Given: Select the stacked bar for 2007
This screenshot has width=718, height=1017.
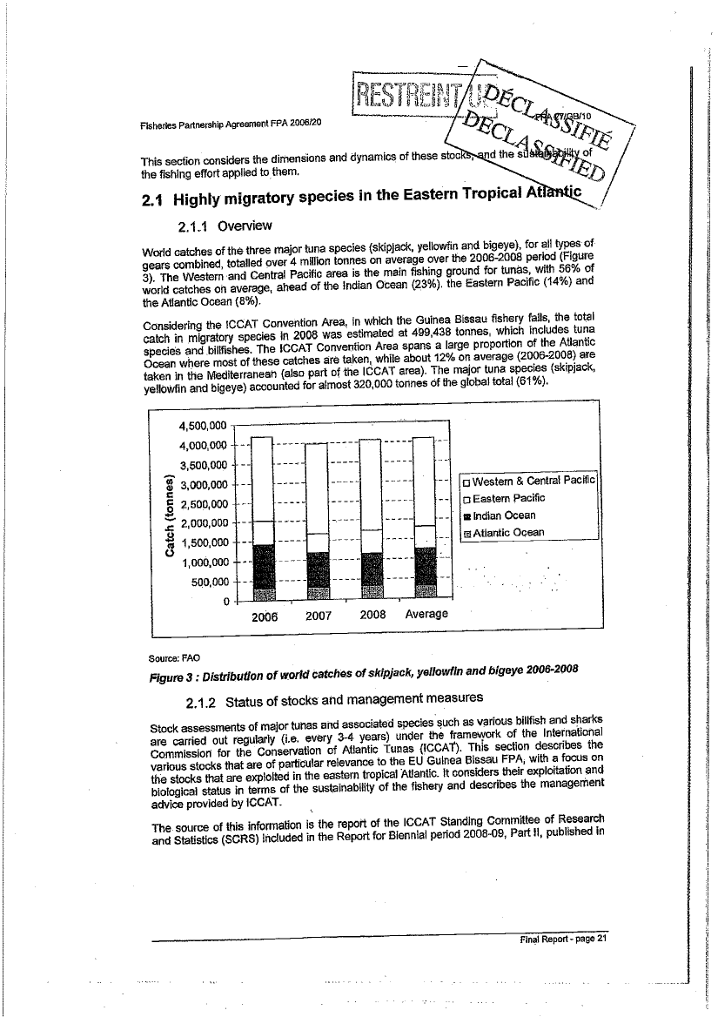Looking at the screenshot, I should point(318,522).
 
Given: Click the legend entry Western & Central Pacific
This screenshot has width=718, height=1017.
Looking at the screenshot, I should point(527,481).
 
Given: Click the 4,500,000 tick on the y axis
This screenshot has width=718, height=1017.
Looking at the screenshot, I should point(202,426).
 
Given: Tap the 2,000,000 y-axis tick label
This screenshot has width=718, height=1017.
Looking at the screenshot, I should point(202,523).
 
